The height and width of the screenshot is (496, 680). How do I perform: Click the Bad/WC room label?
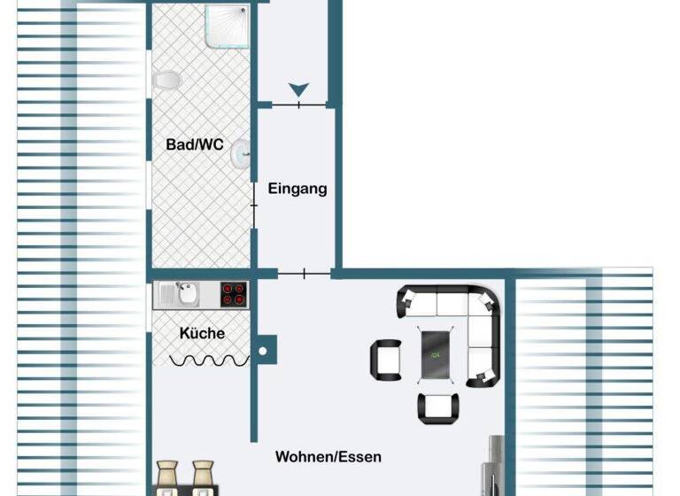pyautogui.click(x=195, y=143)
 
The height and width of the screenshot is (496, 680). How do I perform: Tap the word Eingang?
pyautogui.click(x=297, y=188)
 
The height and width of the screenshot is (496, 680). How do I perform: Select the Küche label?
pyautogui.click(x=202, y=333)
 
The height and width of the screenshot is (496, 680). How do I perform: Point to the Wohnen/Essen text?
pyautogui.click(x=328, y=457)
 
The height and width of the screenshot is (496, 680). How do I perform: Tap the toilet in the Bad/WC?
pyautogui.click(x=167, y=81)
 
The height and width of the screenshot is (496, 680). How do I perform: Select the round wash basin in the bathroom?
pyautogui.click(x=240, y=156)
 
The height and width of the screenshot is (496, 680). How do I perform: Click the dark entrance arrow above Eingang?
pyautogui.click(x=299, y=89)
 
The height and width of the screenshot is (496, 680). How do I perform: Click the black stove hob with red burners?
pyautogui.click(x=234, y=294)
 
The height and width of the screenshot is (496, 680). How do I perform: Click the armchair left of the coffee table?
pyautogui.click(x=385, y=358)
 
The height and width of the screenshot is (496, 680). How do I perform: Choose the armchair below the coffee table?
pyautogui.click(x=438, y=407)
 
